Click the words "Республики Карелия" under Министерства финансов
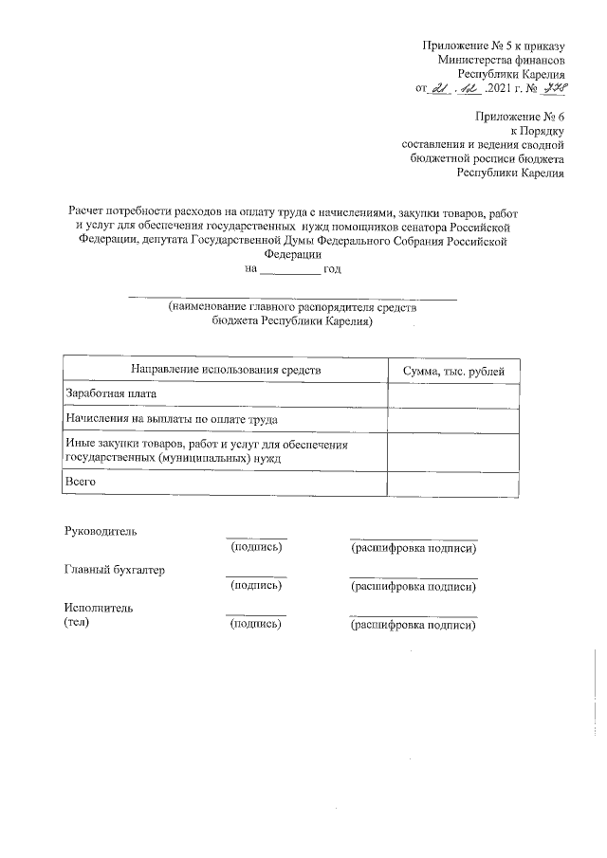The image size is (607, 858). [x=511, y=74]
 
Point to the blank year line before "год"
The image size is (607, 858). [x=290, y=270]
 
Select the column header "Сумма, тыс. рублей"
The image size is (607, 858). [x=453, y=370]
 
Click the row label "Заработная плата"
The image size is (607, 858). [x=109, y=393]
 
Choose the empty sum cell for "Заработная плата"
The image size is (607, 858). [x=453, y=394]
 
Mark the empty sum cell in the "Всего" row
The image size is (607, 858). [x=453, y=483]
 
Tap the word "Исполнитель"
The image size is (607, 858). [x=99, y=608]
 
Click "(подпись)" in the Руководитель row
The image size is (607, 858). [x=256, y=548]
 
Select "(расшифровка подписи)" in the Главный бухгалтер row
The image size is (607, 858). [x=413, y=587]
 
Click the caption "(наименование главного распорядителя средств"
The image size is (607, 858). [x=291, y=307]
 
